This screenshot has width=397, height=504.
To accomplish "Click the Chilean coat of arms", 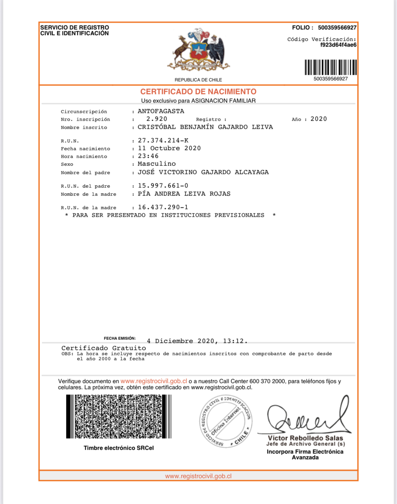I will tap(198, 51).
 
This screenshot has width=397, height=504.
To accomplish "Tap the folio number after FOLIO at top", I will tap(337, 28).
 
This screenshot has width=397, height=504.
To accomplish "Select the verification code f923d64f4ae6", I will tap(338, 45).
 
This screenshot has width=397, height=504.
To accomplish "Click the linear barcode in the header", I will tap(330, 67).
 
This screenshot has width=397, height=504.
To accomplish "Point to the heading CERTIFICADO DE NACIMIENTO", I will tap(198, 92).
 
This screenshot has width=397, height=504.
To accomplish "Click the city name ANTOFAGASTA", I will tap(161, 111).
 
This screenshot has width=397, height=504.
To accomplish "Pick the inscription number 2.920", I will tap(157, 119).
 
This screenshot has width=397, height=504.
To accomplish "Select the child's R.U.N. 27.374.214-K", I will tap(163, 141).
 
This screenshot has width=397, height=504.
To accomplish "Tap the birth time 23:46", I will tap(148, 156).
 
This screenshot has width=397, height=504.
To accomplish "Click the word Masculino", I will tap(157, 164).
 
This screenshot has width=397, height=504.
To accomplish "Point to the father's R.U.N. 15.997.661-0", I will tap(163, 186).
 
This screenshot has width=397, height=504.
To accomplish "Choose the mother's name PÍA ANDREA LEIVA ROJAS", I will tap(184, 194).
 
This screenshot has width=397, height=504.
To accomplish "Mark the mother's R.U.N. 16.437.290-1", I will tap(163, 207).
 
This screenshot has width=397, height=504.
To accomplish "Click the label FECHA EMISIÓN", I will tap(120, 338).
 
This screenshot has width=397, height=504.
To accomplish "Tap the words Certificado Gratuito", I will tap(104, 348).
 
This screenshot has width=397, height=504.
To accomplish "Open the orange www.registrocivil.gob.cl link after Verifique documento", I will tap(154, 381).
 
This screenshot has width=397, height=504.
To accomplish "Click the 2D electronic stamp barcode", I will tap(119, 416).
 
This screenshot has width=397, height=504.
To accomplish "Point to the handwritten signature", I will tap(306, 417).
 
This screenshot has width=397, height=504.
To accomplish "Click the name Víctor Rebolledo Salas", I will tap(305, 438).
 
